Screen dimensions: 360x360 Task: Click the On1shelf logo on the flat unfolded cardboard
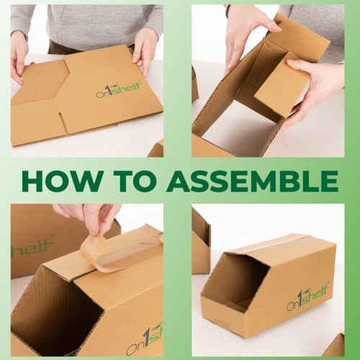[x=119, y=89]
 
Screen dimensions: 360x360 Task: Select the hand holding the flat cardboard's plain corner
[x=19, y=58]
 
